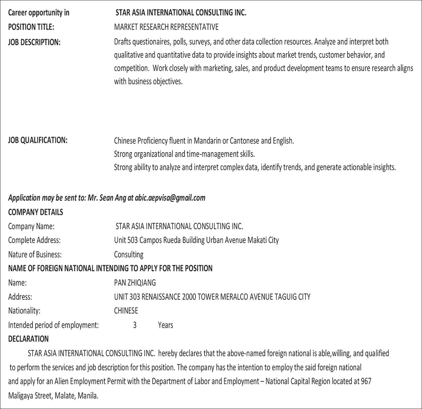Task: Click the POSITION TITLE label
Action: (x=31, y=27)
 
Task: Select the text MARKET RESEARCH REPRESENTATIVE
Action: (x=166, y=27)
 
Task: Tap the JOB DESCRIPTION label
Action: (x=34, y=42)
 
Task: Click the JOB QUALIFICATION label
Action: (x=37, y=140)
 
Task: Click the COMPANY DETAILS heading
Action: (x=35, y=212)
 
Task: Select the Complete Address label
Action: (x=34, y=240)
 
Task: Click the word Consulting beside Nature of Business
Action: (x=129, y=255)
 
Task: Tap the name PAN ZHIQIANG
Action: (x=135, y=283)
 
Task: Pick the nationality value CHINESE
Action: (x=126, y=311)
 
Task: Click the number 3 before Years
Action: (x=135, y=325)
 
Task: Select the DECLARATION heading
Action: (x=28, y=339)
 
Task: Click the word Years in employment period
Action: (x=165, y=325)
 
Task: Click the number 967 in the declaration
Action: (x=366, y=381)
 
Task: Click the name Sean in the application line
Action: (x=107, y=198)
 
